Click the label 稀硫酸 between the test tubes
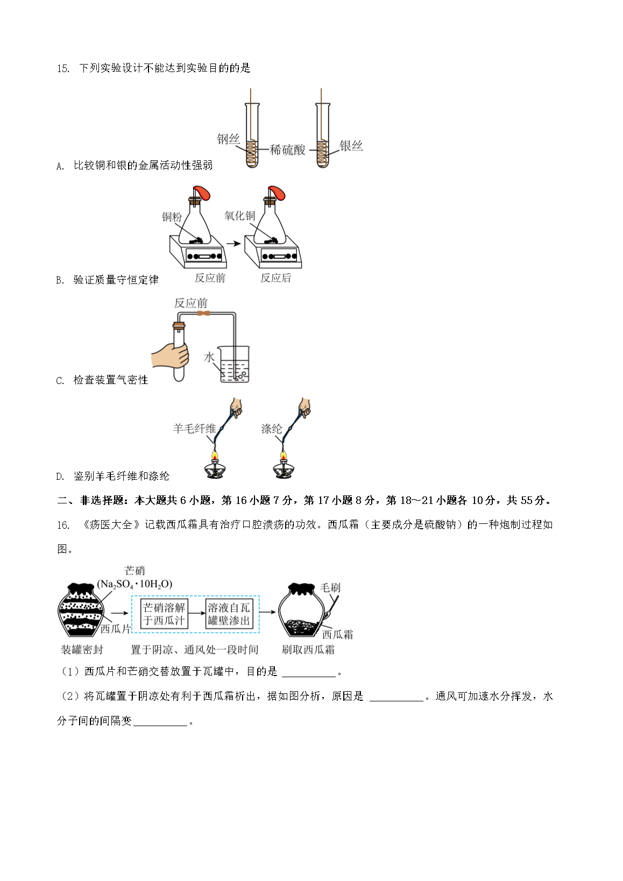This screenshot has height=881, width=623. tap(287, 150)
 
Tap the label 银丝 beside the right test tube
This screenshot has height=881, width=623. tap(351, 146)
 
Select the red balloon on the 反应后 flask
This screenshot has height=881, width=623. tap(277, 193)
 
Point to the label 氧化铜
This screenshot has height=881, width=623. tap(239, 216)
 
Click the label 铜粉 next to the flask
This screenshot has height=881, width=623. tap(172, 217)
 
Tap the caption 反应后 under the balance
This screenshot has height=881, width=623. tap(275, 278)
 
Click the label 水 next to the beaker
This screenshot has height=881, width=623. tap(209, 357)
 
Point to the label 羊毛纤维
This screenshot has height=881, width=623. tap(194, 429)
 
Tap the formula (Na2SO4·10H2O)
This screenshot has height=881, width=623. tap(134, 584)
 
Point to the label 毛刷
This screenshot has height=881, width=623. tap(330, 587)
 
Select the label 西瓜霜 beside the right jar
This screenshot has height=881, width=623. tap(337, 634)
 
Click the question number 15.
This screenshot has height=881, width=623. tap(63, 68)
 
